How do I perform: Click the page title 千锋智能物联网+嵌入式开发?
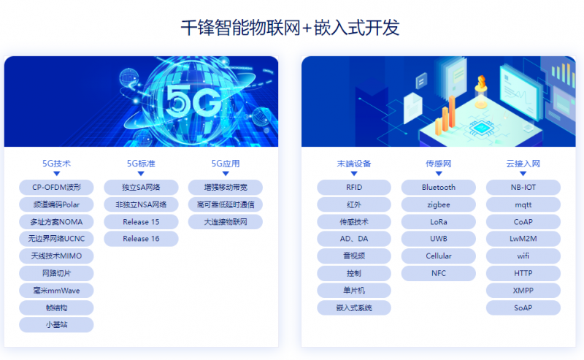290,28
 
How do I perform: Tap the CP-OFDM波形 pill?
56,188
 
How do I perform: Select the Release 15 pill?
141,222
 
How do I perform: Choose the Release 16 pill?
141,239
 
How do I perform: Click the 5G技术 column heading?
56,164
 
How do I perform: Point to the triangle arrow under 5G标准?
141,174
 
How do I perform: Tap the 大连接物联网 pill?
226,222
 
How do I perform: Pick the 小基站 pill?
56,325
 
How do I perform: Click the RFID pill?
354,188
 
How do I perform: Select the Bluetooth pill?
439,188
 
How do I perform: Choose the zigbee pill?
439,204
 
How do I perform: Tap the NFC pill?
439,273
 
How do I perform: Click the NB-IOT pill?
523,188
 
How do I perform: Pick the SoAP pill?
523,308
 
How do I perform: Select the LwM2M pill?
523,239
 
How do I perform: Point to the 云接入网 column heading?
523,164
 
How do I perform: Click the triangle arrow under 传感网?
439,174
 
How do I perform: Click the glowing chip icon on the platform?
480,128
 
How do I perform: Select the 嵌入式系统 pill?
354,308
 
